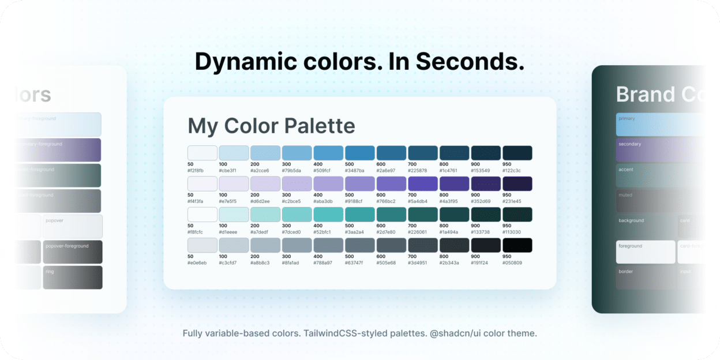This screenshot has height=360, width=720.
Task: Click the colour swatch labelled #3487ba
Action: click(x=360, y=153)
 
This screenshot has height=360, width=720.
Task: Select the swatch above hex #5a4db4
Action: click(x=423, y=184)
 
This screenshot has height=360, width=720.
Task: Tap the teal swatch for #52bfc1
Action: click(x=328, y=215)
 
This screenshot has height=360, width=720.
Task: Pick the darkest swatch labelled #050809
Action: click(x=517, y=245)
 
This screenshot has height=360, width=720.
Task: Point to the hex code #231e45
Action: click(x=512, y=201)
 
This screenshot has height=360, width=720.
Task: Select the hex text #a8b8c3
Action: click(x=260, y=262)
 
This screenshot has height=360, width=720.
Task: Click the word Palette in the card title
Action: click(x=314, y=126)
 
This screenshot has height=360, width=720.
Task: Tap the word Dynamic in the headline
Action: click(x=242, y=62)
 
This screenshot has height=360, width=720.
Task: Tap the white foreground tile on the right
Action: click(x=645, y=252)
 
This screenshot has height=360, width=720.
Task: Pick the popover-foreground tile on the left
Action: click(x=72, y=252)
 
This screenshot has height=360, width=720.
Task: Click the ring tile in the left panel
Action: click(x=72, y=277)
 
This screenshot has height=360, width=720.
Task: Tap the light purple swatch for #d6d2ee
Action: click(x=265, y=184)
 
